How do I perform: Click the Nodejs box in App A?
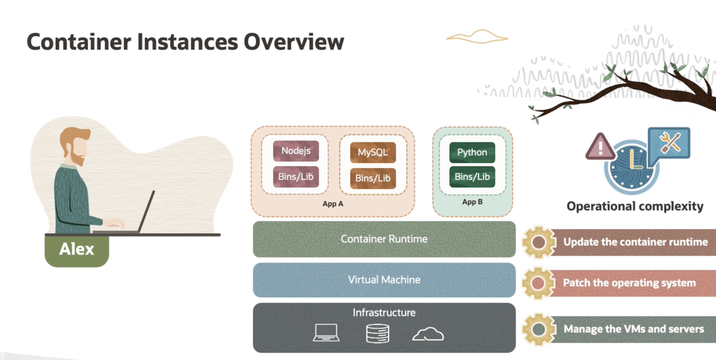tap(296, 151)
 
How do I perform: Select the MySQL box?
tap(373, 152)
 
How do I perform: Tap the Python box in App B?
tap(472, 152)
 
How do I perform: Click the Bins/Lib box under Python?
tap(472, 177)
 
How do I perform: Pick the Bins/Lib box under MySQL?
tap(373, 178)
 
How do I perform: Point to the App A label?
tap(333, 204)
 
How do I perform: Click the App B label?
tap(472, 202)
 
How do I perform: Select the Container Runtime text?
tap(384, 239)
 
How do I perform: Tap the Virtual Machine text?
tap(384, 280)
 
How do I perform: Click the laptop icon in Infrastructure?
tap(326, 333)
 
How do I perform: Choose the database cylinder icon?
tap(378, 333)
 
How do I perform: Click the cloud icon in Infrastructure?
tap(428, 334)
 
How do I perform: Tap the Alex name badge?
tap(77, 249)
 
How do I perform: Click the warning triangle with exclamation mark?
tap(600, 147)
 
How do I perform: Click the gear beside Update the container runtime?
tap(539, 242)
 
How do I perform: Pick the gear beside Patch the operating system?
tap(538, 283)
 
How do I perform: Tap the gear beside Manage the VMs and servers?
tap(539, 329)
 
